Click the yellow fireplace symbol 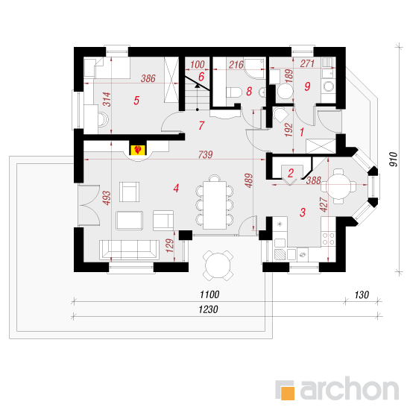(x=138, y=150)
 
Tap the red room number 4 (x=176, y=189)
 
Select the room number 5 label (x=136, y=101)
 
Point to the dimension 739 (x=205, y=154)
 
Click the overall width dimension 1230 (x=208, y=309)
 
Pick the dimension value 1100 (x=209, y=294)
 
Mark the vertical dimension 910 (x=394, y=160)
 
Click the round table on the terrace (x=218, y=265)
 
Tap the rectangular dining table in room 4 (x=215, y=205)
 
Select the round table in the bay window (x=338, y=186)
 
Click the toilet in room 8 (x=234, y=92)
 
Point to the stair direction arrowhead (x=197, y=85)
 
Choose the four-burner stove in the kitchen (x=329, y=239)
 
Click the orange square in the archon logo (x=287, y=393)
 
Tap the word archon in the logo (x=350, y=389)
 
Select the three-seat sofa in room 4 (x=129, y=250)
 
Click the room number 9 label (x=307, y=86)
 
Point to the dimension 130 (x=362, y=295)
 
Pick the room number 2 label (x=291, y=173)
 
